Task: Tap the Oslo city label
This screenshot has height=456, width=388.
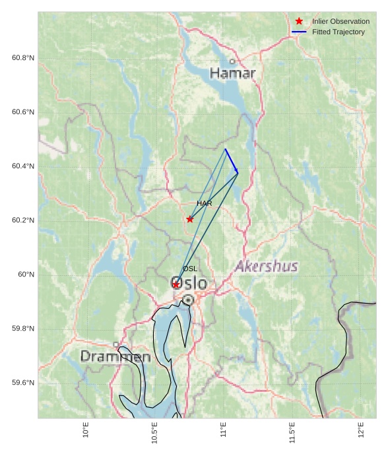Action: [189, 284]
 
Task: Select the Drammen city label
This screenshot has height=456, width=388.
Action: [115, 357]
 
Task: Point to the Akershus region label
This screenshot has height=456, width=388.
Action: [267, 267]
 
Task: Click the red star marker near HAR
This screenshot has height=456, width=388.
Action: [190, 219]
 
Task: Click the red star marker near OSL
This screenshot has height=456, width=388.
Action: [176, 284]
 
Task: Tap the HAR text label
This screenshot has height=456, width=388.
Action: [204, 204]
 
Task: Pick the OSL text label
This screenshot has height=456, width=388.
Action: [190, 269]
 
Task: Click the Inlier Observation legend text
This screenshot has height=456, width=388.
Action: [340, 22]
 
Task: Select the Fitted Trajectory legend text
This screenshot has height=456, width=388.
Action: [338, 32]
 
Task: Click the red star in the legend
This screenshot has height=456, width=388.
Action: [299, 21]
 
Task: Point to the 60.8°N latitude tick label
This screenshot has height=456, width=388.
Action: [23, 58]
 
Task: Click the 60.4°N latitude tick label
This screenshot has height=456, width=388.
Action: [23, 166]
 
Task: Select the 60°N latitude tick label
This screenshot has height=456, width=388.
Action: [26, 275]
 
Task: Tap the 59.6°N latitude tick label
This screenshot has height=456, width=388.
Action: [23, 383]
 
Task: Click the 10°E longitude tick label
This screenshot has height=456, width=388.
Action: [86, 430]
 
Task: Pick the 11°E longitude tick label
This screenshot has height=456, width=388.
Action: [224, 430]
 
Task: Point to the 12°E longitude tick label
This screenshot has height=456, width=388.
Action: [361, 430]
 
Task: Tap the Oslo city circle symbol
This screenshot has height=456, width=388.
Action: [188, 300]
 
